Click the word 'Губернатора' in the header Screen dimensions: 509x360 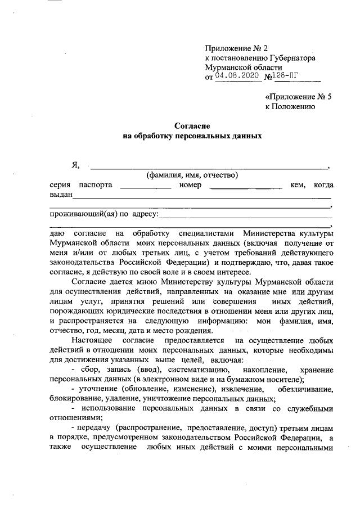tap(291, 57)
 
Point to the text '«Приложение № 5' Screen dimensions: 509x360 tap(298, 97)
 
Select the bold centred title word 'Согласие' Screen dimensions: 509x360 tap(192, 126)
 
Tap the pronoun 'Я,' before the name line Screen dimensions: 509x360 tap(75, 165)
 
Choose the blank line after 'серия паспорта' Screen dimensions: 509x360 tap(145, 185)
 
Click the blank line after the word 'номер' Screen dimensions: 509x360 tap(245, 185)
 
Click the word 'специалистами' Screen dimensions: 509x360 tap(210, 233)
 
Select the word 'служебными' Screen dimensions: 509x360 tap(309, 408)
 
